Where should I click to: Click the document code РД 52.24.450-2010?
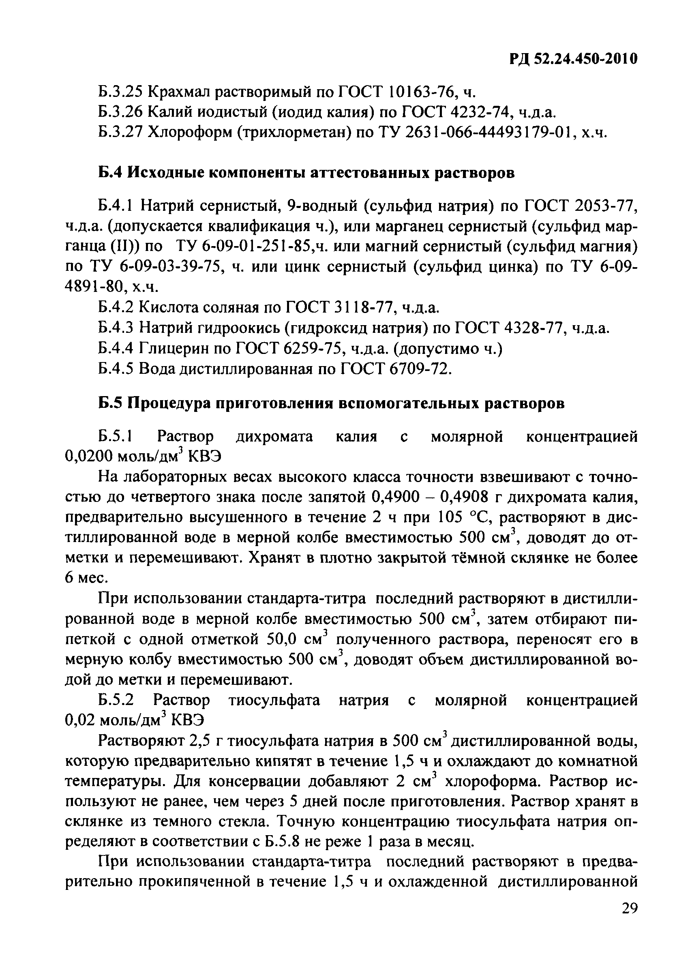coord(572,59)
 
